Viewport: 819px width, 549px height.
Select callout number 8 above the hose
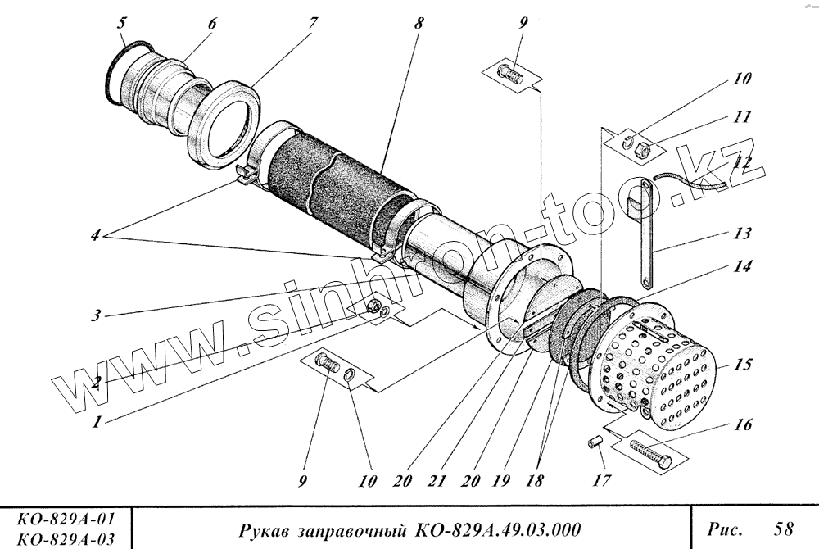point(419,24)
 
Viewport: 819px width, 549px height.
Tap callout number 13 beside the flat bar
point(743,234)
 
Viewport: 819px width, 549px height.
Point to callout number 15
point(743,365)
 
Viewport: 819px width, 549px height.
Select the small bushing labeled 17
point(596,443)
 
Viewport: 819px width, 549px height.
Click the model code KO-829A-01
point(64,520)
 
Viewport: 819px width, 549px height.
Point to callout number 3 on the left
point(96,315)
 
